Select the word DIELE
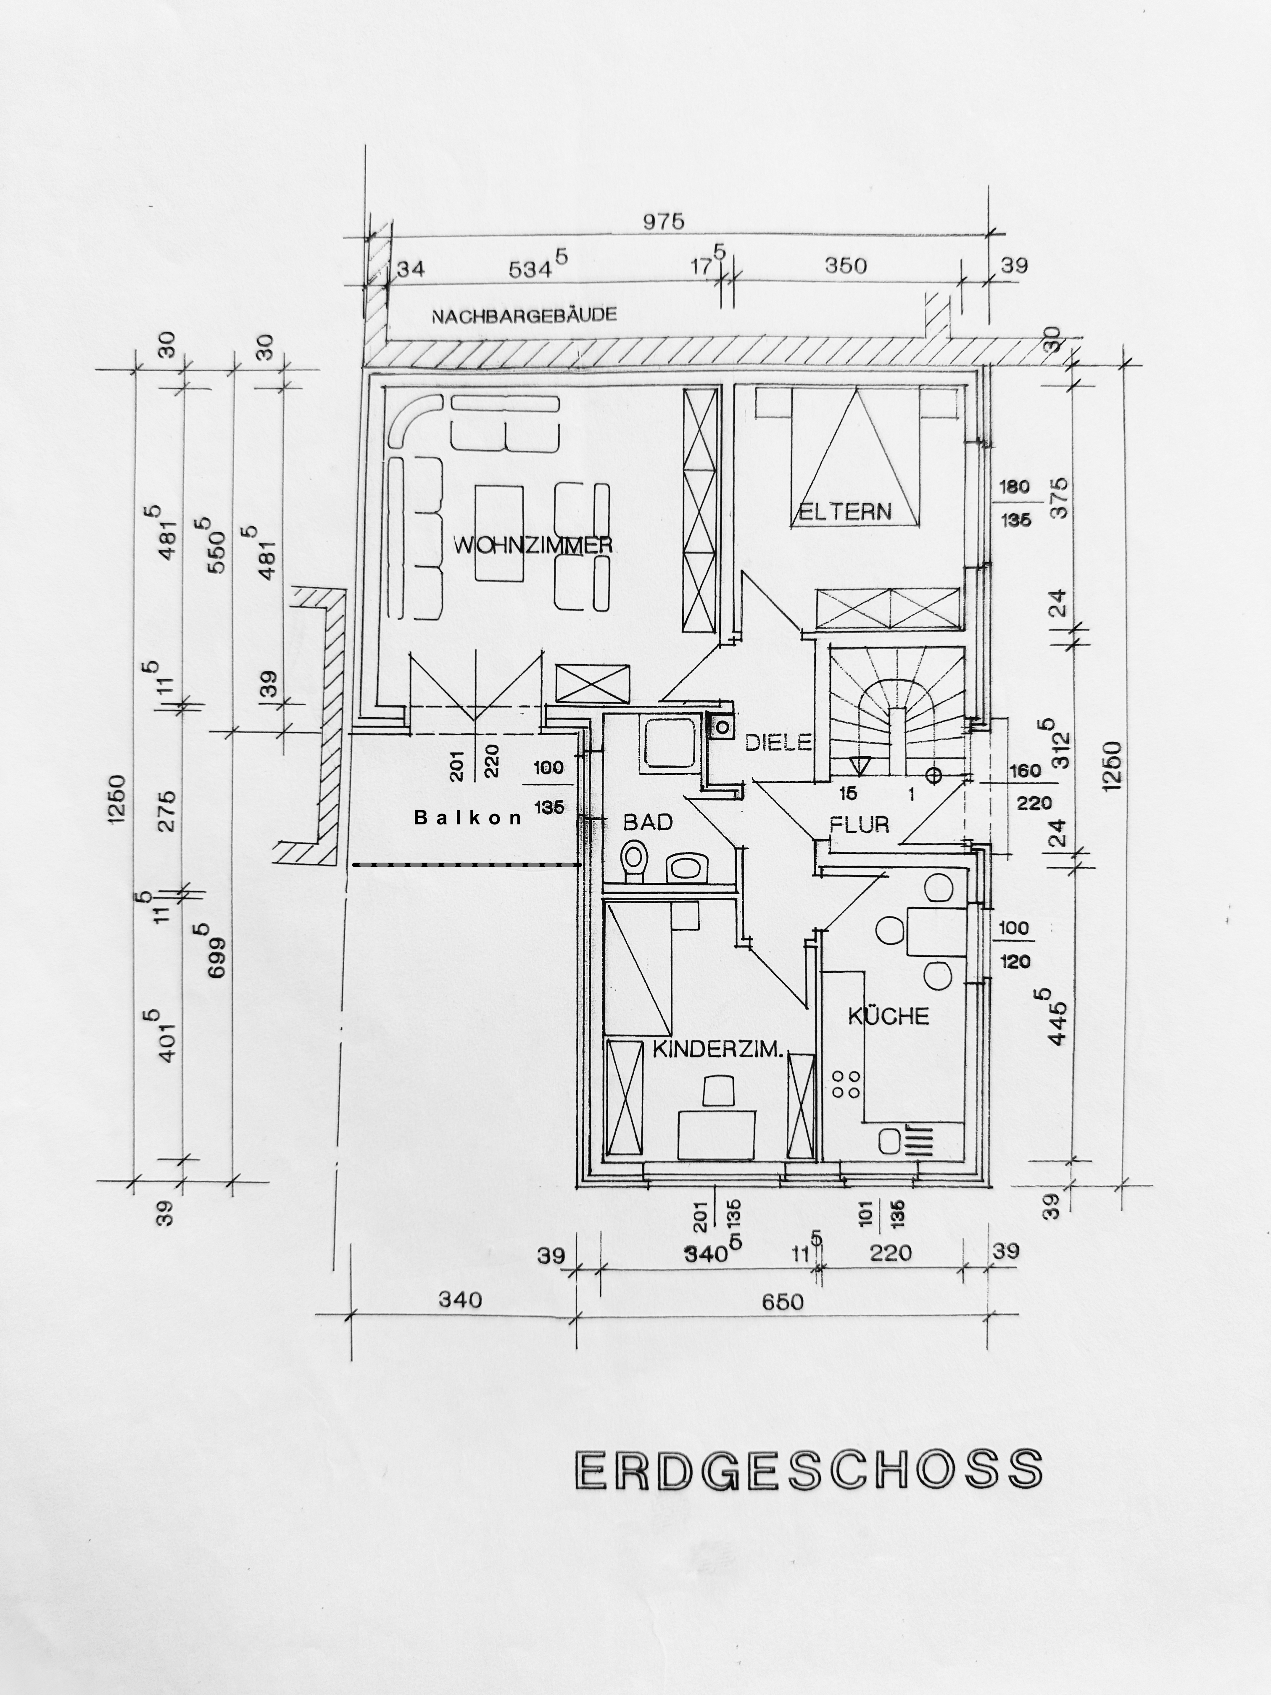pos(778,742)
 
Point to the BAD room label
pos(647,822)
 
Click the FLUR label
pos(860,824)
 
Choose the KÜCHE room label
pos(888,1016)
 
